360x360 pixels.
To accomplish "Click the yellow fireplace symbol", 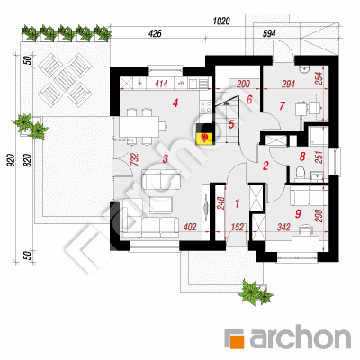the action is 204,138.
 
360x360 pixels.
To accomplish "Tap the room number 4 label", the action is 175,103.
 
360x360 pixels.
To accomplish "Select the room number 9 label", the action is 298,213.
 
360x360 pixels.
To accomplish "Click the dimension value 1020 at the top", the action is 221,22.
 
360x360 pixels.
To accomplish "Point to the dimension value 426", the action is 155,33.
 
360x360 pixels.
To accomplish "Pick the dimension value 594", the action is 269,33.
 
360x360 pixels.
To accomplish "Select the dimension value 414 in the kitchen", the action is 161,84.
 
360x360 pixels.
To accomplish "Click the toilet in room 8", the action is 300,173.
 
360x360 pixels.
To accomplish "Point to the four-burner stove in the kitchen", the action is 205,106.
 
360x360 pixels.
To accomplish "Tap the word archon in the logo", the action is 300,337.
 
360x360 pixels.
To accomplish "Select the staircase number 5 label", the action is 231,124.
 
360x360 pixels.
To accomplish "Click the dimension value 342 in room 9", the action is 283,227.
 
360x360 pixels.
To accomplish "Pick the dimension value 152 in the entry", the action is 238,227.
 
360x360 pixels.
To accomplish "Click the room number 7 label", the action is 282,105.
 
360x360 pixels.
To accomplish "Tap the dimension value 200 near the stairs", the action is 243,84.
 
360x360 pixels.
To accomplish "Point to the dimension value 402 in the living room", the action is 189,227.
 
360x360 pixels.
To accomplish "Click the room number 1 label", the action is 238,203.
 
